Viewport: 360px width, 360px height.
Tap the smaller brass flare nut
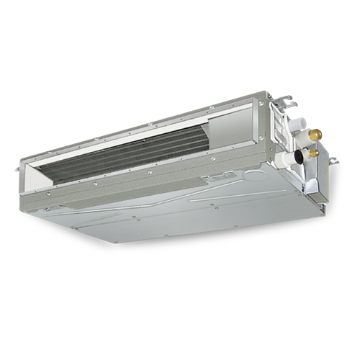314,153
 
